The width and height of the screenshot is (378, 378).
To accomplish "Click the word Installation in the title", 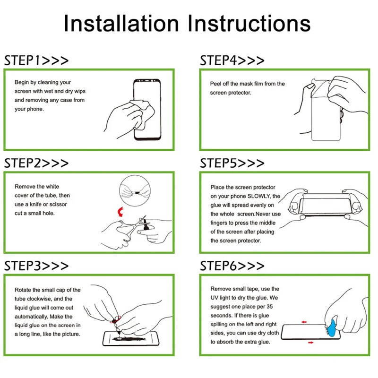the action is (x=121, y=23).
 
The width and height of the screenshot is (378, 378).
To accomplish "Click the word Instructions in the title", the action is (x=249, y=23).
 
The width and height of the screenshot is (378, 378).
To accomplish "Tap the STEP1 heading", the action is (x=36, y=60).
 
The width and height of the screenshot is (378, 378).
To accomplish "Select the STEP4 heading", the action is (x=232, y=60).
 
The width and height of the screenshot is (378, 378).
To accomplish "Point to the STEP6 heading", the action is (x=232, y=266).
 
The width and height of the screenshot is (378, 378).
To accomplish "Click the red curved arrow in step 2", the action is (x=120, y=212).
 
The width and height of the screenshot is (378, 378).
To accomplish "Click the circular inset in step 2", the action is (x=135, y=191).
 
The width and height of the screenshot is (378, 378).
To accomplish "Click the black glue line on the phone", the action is (x=129, y=339).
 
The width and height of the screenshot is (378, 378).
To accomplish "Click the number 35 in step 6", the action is (x=269, y=307).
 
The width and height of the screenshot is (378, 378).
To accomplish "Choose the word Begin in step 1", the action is (x=22, y=82).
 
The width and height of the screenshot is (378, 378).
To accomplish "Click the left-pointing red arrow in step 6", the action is (x=304, y=322).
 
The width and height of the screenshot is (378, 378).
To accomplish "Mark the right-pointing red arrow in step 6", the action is (x=311, y=343).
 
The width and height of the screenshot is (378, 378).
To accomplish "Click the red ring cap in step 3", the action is (x=115, y=320).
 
